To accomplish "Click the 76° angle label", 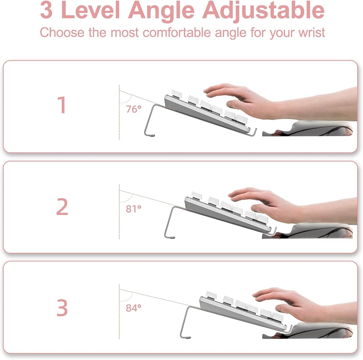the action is click(x=134, y=109).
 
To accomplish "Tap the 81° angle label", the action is click(x=134, y=209).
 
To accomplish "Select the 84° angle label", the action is click(x=134, y=308).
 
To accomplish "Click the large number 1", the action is click(x=62, y=105).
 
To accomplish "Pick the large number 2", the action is click(x=62, y=207).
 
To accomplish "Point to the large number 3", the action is click(x=62, y=308).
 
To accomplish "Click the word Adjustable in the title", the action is click(x=264, y=11).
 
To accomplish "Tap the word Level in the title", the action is click(x=90, y=11).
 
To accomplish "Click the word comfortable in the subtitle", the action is click(x=177, y=32).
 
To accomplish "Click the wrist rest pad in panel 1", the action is click(x=307, y=128).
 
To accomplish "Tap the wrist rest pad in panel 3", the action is click(x=307, y=331).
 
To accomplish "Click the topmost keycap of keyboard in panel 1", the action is click(x=176, y=94).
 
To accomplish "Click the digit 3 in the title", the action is click(x=46, y=11).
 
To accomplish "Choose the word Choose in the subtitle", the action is click(x=62, y=32).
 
